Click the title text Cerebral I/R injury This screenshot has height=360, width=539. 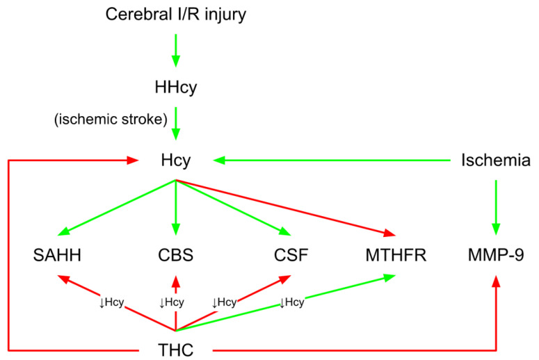pos(175,15)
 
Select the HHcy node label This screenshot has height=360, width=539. pos(175,88)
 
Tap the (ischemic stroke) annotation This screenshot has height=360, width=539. pos(108,120)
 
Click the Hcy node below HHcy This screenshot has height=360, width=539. pos(175,161)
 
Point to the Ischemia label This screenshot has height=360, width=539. pos(496,161)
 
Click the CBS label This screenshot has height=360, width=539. pos(175,255)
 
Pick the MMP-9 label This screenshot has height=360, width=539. pos(496,255)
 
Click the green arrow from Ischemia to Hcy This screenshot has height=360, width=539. pos(334,161)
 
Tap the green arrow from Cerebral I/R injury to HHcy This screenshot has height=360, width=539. pos(175,50)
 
